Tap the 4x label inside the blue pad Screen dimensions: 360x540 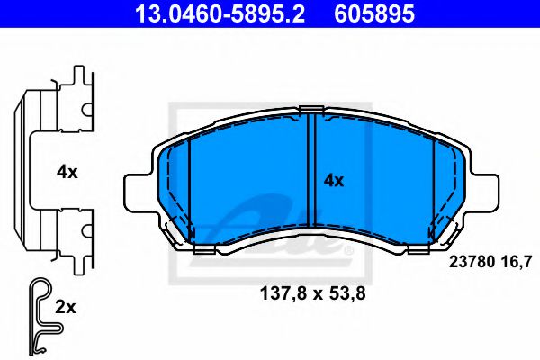(334, 180)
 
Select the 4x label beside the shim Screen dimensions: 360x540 (67, 171)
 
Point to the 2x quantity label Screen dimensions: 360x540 (66, 307)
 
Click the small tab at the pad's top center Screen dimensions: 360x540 (310, 111)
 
